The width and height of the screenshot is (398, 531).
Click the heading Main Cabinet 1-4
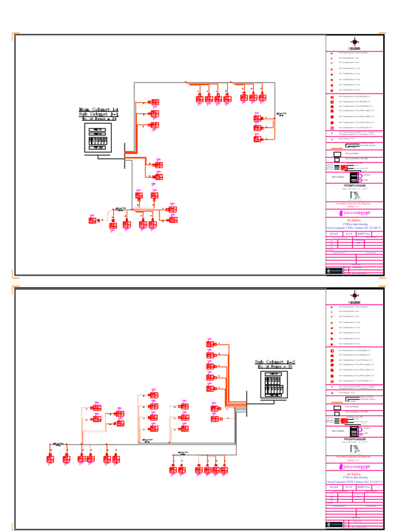click(98, 109)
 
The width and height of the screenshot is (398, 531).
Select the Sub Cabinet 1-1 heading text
click(98, 114)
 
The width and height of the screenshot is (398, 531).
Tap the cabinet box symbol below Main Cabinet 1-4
click(98, 137)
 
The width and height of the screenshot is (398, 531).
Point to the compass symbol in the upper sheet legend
click(354, 43)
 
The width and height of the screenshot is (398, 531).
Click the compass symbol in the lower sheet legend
click(354, 295)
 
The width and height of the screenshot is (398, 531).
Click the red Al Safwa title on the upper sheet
click(355, 220)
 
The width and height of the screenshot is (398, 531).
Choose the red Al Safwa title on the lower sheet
click(355, 473)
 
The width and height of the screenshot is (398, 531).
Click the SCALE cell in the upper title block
click(335, 234)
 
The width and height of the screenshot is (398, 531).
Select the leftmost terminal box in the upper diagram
click(92, 220)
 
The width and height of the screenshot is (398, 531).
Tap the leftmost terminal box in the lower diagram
click(50, 459)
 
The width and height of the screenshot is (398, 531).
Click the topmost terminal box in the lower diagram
click(210, 344)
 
